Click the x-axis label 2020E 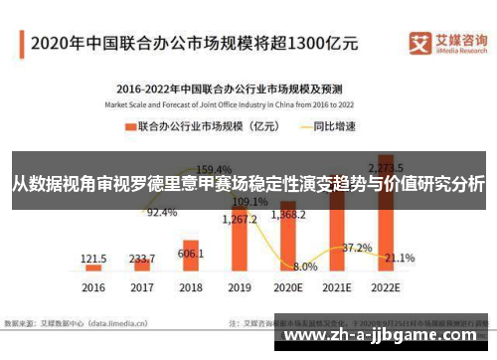coord(288,288)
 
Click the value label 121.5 coord(94,257)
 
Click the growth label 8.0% coord(305,267)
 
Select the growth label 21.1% coord(400,258)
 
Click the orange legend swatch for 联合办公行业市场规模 coord(129,127)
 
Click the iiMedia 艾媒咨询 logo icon coord(418,43)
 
